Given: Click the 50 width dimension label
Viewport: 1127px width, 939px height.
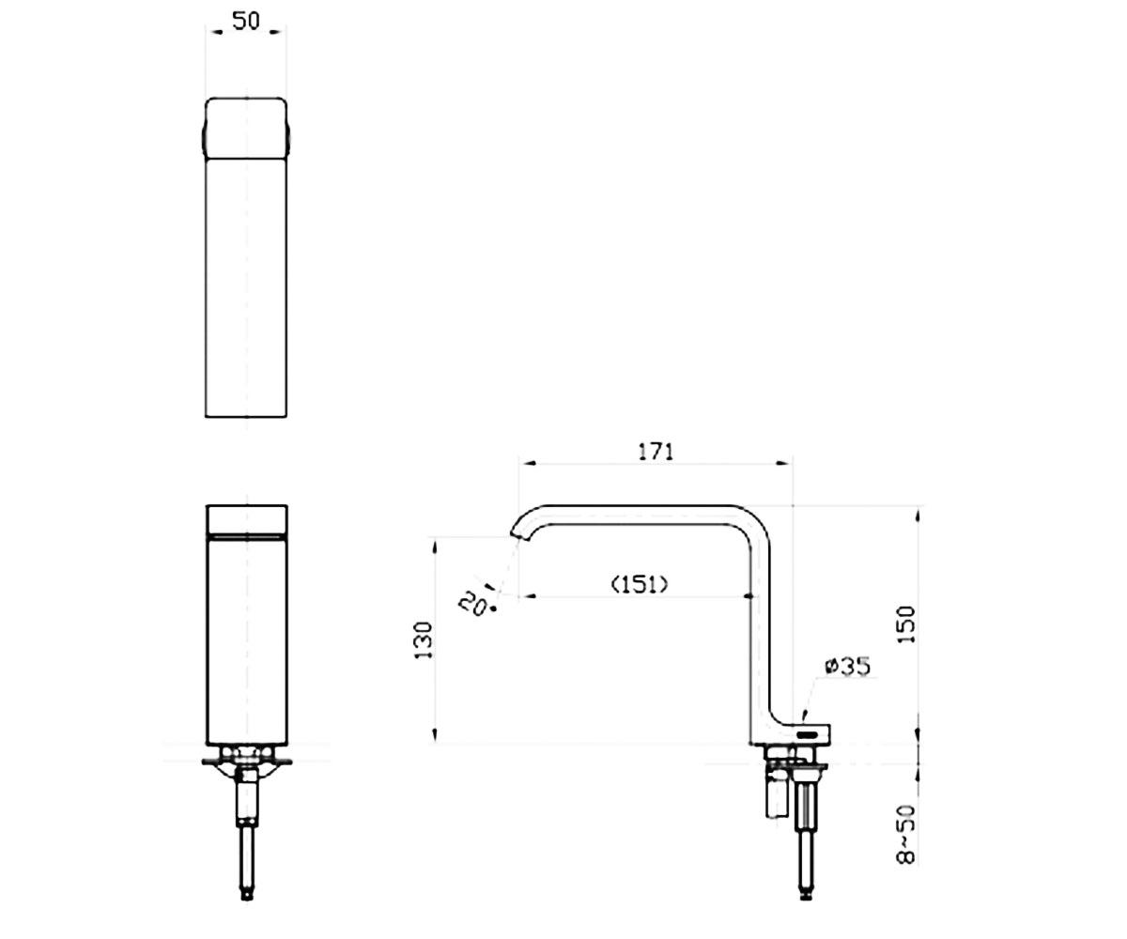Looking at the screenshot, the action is pos(245,21).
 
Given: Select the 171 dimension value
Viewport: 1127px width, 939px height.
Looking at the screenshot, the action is pos(656,451).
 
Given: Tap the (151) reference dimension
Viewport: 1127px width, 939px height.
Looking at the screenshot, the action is pos(639,584).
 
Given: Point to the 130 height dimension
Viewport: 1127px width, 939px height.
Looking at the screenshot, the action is pos(424,640).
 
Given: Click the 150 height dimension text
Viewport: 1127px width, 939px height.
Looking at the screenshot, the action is pos(906,624).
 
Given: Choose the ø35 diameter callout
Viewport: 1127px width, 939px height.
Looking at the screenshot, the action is pos(847,667).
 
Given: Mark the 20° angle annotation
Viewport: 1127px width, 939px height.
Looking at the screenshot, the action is pos(477,602).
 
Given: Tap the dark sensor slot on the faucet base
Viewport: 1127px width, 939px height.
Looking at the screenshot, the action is pos(808,734).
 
